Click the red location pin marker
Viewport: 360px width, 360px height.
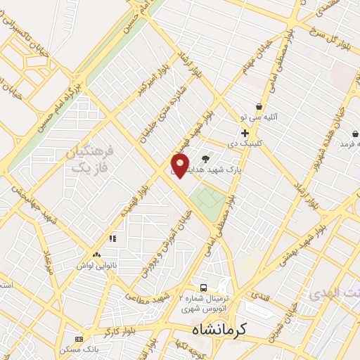(180, 166)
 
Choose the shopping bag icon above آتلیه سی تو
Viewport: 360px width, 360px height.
(259, 106)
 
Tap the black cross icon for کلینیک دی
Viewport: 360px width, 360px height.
(245, 133)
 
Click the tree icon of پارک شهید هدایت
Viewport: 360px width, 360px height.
(205, 159)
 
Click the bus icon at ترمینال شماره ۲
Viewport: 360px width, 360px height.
(203, 288)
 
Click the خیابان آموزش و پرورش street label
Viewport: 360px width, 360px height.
(167, 243)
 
